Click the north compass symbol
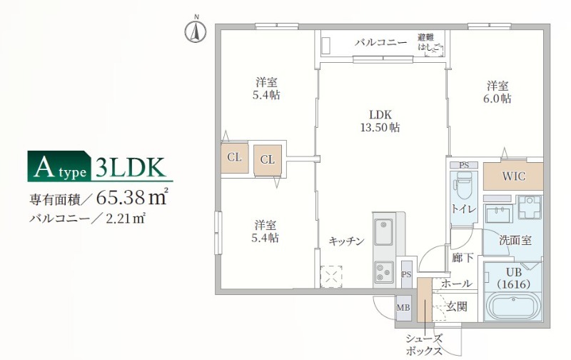click(x=196, y=31)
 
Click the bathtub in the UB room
click(x=514, y=307)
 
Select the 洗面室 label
click(x=515, y=241)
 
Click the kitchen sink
click(x=385, y=232)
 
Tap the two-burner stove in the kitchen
click(x=384, y=271)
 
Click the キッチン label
click(x=347, y=241)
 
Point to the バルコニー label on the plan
click(x=381, y=43)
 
